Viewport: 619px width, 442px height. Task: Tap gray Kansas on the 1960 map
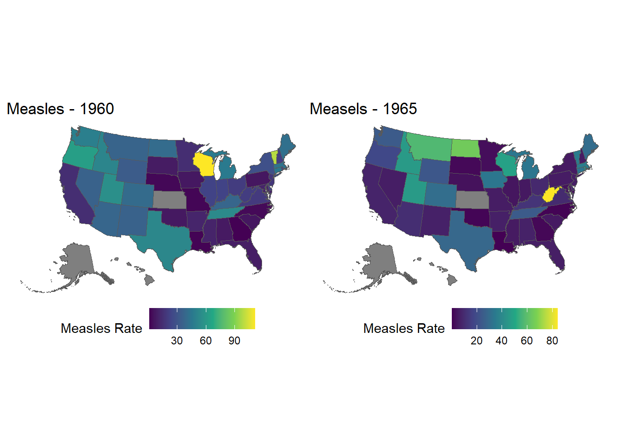(169, 199)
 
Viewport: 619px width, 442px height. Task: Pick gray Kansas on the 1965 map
(472, 199)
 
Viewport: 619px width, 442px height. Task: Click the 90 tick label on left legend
(234, 341)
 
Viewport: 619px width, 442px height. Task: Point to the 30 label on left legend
(177, 341)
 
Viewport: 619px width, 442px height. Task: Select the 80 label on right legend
(552, 341)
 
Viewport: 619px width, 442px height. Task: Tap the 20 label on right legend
(477, 341)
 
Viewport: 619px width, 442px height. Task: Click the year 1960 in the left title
(97, 109)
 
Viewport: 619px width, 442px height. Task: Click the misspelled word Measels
(339, 109)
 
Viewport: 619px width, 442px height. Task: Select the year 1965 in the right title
(400, 109)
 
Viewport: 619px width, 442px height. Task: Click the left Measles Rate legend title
(101, 328)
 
